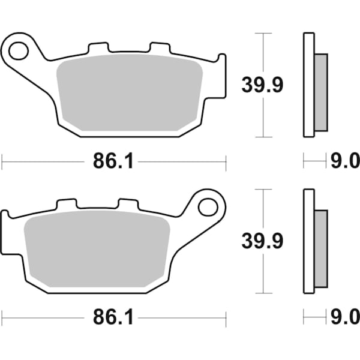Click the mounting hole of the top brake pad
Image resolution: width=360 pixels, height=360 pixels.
pos(19,50)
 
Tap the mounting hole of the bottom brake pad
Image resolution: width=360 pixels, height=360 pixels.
pos(208,207)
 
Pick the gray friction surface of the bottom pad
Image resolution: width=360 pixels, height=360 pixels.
pos(96,252)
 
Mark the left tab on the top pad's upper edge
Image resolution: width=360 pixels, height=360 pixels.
pos(98,47)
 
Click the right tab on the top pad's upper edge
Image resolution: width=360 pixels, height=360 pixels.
pos(160,47)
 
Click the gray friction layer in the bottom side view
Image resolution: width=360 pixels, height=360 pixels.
pos(321,248)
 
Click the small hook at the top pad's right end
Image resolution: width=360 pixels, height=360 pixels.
pos(222,60)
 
